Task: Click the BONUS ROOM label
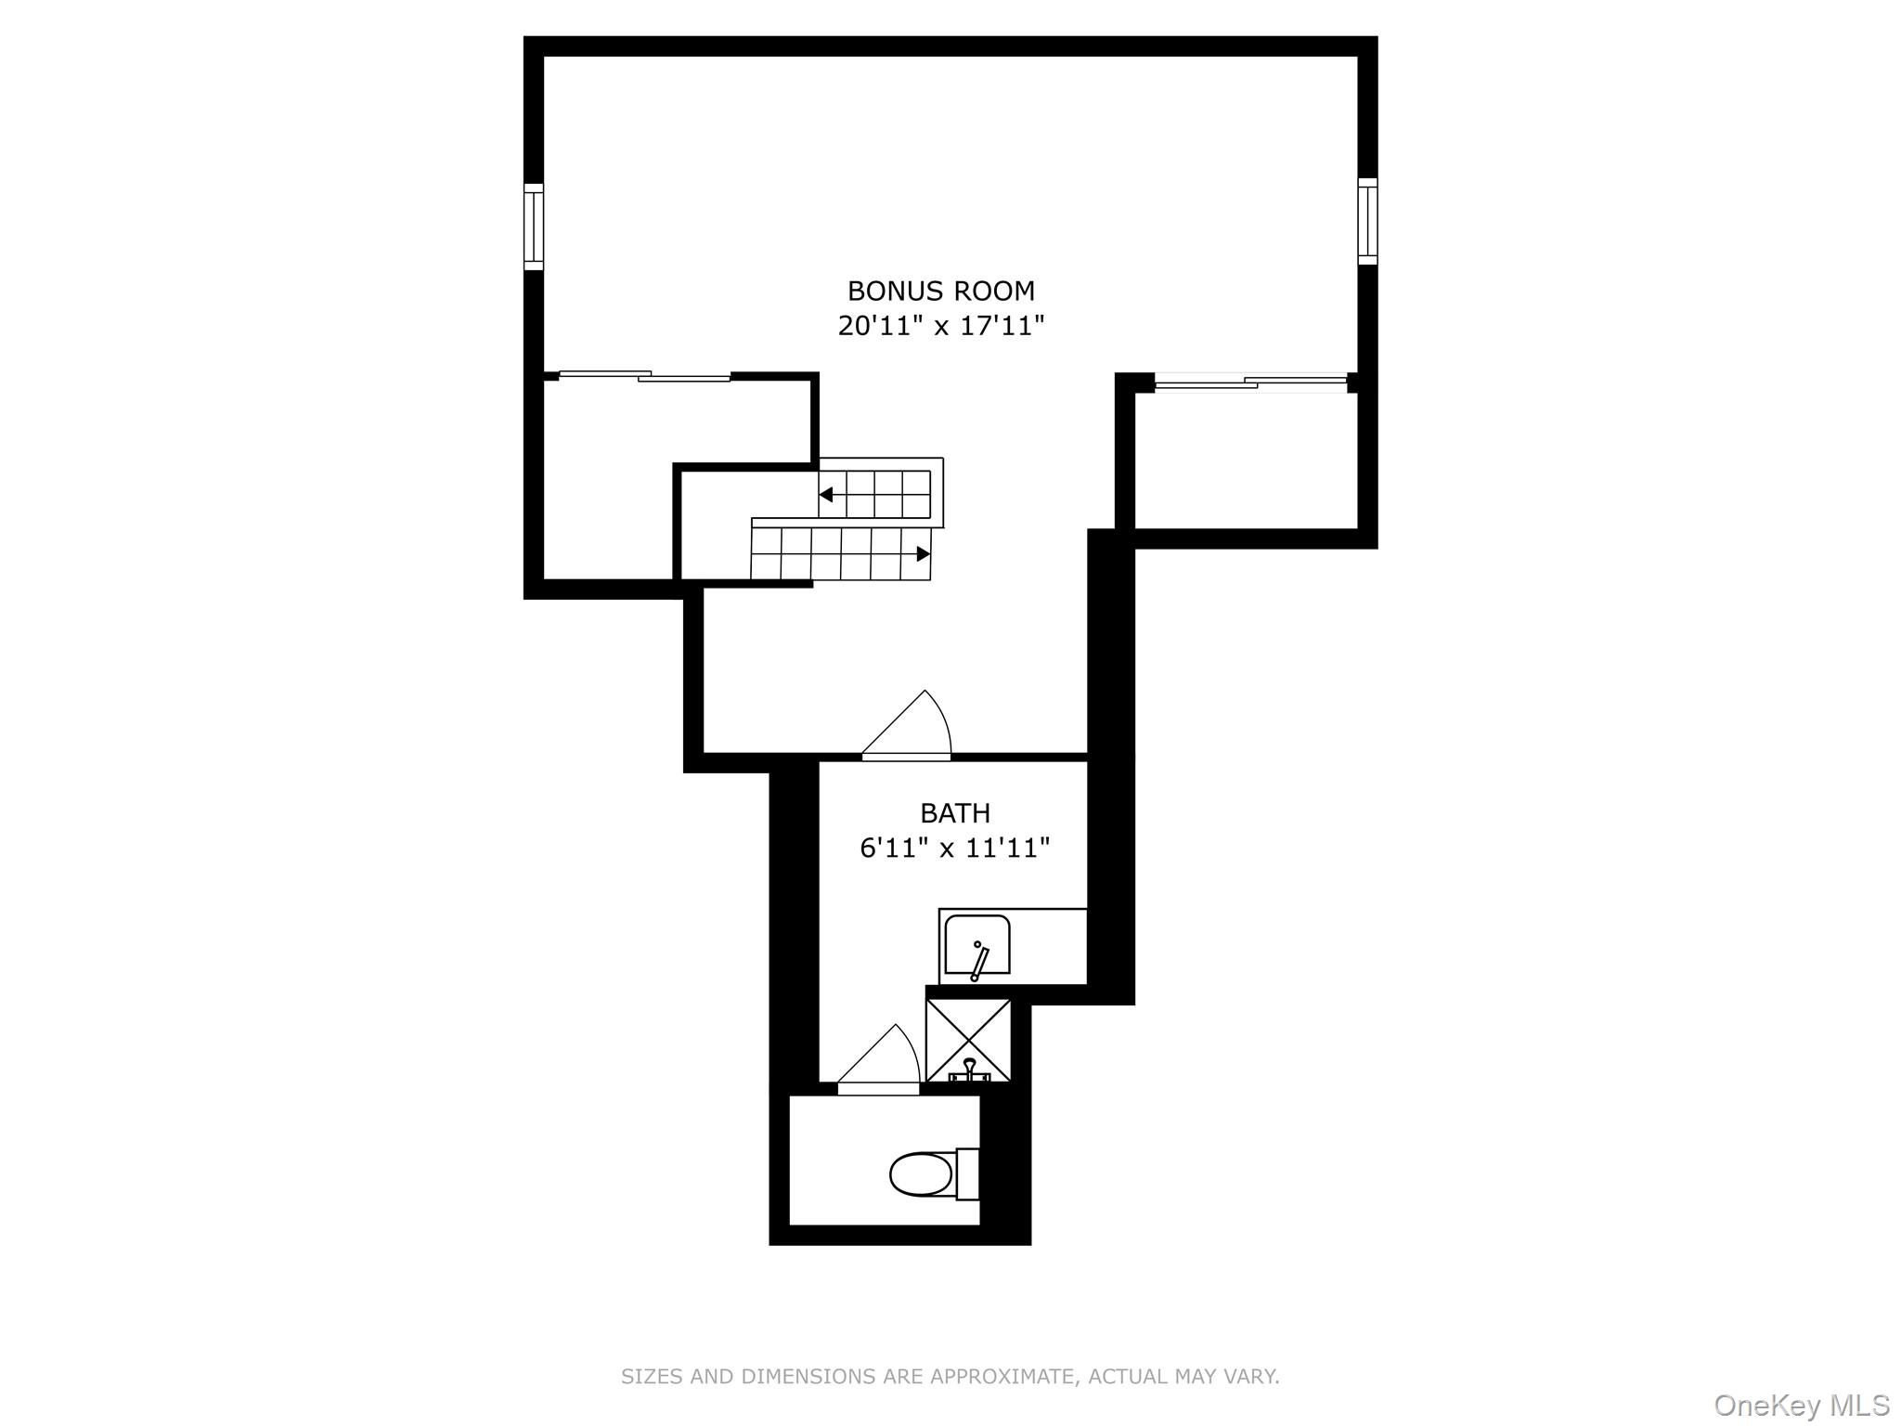point(940,291)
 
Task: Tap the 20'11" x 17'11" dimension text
point(940,326)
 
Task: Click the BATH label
point(954,813)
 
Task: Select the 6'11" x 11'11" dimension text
point(954,848)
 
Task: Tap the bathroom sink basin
point(976,945)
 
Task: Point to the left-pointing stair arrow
point(826,494)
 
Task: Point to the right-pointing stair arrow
point(923,554)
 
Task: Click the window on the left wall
point(533,227)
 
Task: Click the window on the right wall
point(1367,221)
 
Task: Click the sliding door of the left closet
point(644,376)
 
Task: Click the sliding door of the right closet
point(1249,382)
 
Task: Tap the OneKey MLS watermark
point(1801,1405)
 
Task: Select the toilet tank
point(967,1174)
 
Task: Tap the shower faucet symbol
point(969,1070)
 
